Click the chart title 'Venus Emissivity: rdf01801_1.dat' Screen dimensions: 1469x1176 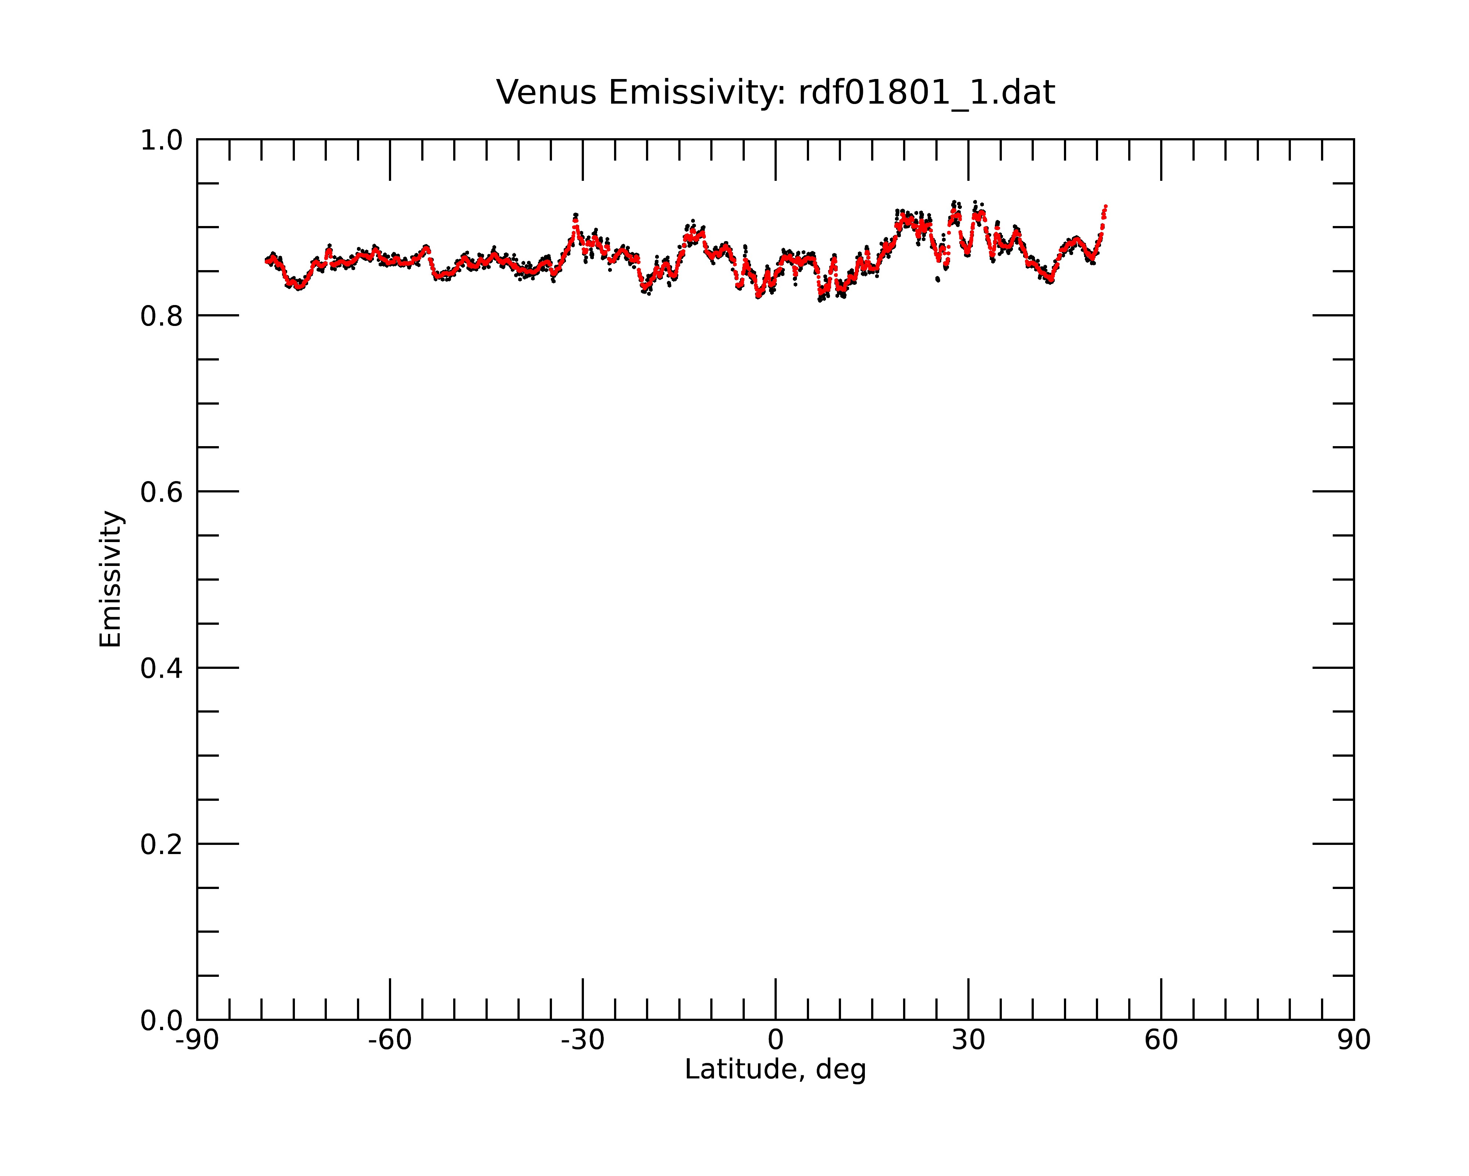tap(775, 93)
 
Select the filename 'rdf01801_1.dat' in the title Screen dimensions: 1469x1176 tap(927, 93)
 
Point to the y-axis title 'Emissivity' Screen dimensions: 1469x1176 tap(111, 579)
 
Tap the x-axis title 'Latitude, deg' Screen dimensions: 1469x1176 tap(775, 1070)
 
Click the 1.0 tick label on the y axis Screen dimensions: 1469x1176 tap(162, 140)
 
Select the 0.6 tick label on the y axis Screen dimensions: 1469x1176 tap(162, 492)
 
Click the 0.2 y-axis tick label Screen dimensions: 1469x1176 tap(162, 845)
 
